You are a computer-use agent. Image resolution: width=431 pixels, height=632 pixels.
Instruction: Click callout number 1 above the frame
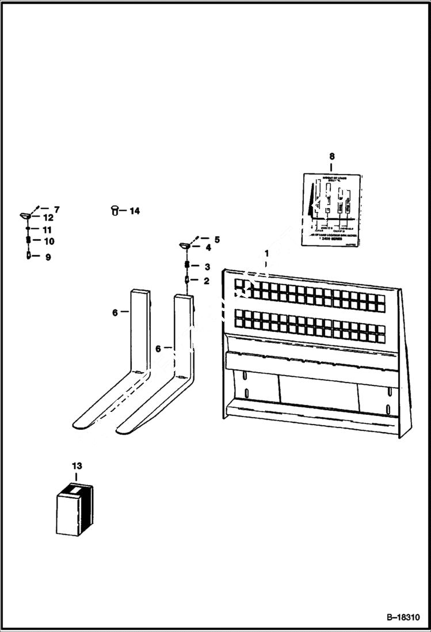tap(266, 253)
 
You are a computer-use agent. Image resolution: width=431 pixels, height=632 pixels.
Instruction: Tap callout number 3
tap(207, 266)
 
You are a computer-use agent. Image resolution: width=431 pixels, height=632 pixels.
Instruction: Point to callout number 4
tap(208, 248)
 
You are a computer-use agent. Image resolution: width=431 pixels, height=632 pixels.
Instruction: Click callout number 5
tap(216, 239)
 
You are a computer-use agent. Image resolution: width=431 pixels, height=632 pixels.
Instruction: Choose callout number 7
tap(56, 209)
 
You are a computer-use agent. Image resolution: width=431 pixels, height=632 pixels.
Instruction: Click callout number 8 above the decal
tap(331, 156)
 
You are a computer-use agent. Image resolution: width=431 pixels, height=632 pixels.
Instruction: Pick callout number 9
tap(48, 258)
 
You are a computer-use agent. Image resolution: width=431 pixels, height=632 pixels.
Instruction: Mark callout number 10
tap(49, 241)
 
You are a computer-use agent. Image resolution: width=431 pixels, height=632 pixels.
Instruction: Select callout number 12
tap(48, 218)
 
